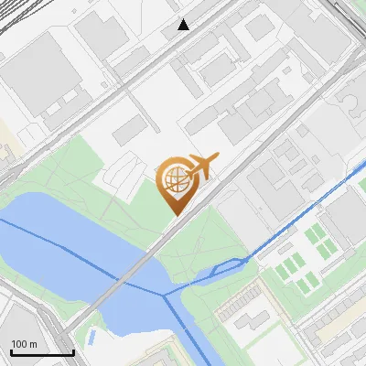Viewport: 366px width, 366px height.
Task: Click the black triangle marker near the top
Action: coord(184,25)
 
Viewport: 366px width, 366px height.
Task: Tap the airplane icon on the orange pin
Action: coord(199,167)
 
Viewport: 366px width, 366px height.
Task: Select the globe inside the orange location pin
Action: coord(174,180)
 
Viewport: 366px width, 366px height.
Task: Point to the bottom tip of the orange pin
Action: coord(174,214)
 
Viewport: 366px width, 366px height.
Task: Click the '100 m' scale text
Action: coord(24,344)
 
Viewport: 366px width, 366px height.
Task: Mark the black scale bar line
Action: coord(42,353)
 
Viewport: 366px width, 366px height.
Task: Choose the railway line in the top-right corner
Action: coord(352,18)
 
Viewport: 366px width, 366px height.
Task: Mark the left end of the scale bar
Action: coord(12,353)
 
